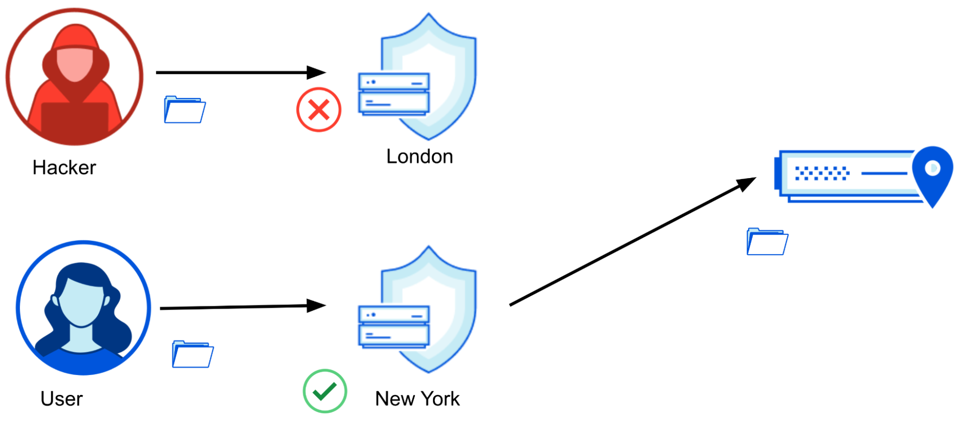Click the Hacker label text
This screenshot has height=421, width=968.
coord(64,167)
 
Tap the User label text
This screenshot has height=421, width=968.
coord(61,399)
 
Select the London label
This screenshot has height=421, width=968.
coord(419,156)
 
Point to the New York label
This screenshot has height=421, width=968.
coord(417,399)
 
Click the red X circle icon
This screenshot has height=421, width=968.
coord(319,109)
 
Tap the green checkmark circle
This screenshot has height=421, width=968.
coord(324,391)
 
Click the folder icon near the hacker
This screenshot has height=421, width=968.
coord(184,110)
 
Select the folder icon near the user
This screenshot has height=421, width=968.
coord(193,354)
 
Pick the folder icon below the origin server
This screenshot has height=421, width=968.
coord(767,241)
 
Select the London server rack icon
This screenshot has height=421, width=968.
coord(394,94)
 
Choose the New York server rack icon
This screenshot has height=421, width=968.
coord(394,327)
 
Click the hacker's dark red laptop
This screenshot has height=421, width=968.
coord(75,119)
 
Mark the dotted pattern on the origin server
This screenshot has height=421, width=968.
coord(822,173)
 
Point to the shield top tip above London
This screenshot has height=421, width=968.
coord(429,15)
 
